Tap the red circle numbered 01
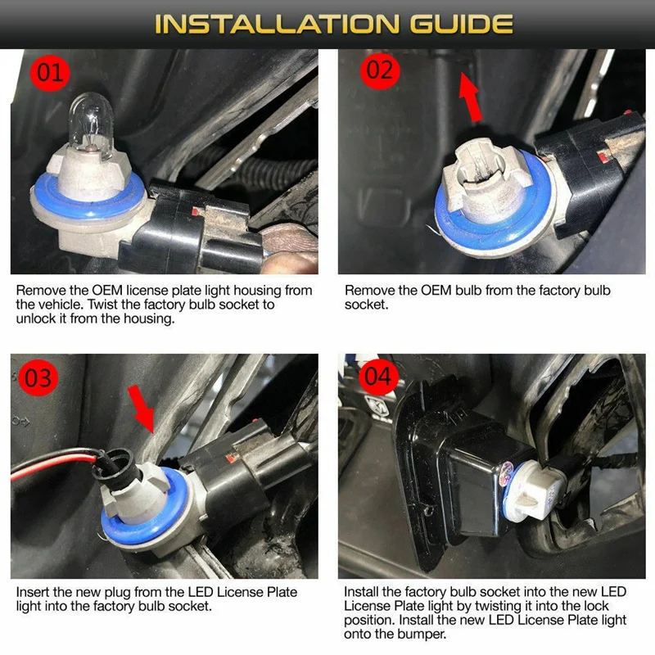click(x=50, y=73)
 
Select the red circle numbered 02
click(x=380, y=70)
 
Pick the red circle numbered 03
click(x=38, y=378)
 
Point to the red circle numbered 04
click(x=378, y=377)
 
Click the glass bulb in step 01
click(x=91, y=124)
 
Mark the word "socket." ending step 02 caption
click(x=366, y=305)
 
